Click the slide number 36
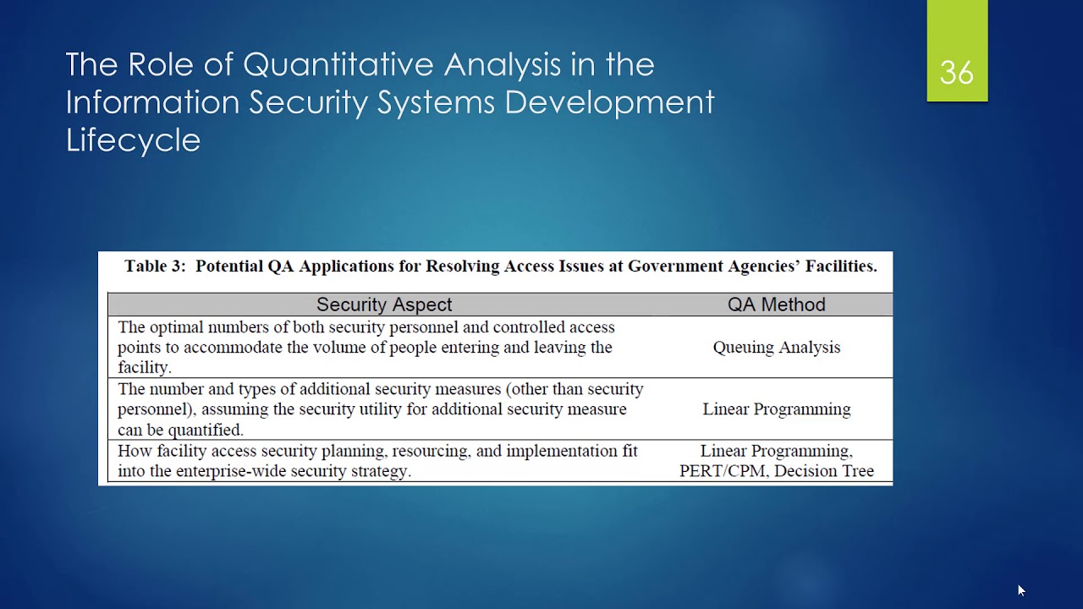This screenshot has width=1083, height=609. click(x=957, y=74)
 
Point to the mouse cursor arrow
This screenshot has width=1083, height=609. click(x=1021, y=590)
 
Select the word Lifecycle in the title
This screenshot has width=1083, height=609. click(x=133, y=140)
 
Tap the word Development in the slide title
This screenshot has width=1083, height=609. click(x=609, y=102)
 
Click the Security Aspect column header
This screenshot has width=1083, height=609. click(x=384, y=304)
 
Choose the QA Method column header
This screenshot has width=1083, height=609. click(x=776, y=304)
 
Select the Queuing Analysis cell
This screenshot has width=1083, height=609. click(x=776, y=347)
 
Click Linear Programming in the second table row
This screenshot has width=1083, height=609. click(x=776, y=409)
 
